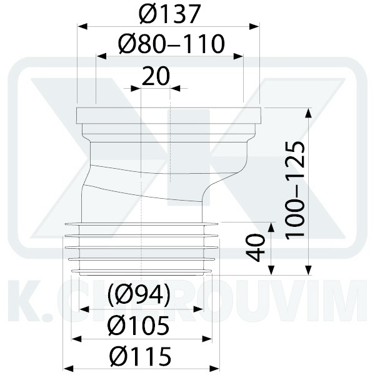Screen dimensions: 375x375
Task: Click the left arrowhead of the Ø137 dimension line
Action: [81, 27]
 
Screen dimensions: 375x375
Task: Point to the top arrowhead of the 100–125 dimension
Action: [308, 112]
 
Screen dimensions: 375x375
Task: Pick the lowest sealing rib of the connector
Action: [144, 271]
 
